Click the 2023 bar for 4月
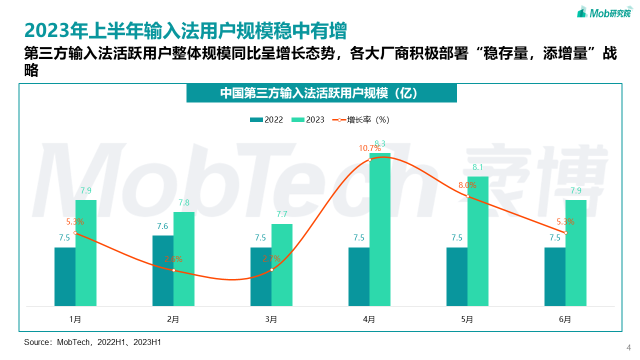point(379,229)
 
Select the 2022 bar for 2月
point(163,270)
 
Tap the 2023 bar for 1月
point(86,253)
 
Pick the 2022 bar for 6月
point(555,276)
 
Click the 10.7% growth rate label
point(369,148)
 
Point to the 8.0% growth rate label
point(467,185)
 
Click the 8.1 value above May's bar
point(477,167)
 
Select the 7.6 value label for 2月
point(162,226)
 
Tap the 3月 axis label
point(271,319)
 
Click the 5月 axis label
point(467,319)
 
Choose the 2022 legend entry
point(267,120)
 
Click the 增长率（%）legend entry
point(361,120)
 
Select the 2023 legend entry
point(308,120)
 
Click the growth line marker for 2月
point(173,270)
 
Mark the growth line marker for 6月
point(565,233)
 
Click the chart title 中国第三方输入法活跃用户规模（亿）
point(321,93)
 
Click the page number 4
point(629,348)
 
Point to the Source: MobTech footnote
point(92,342)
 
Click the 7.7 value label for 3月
point(282,214)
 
